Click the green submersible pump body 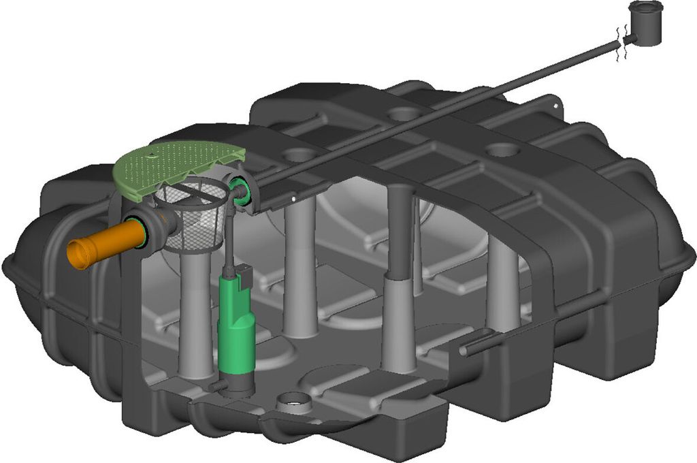click(x=236, y=327)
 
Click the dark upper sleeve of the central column click(x=400, y=231)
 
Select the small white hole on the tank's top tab click(x=555, y=107)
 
